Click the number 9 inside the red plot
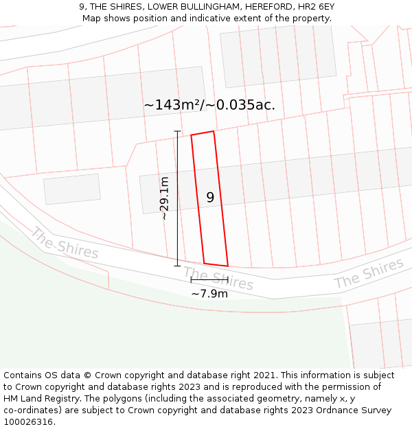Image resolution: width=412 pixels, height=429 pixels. point(210,198)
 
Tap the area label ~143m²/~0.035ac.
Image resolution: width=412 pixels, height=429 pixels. point(209,105)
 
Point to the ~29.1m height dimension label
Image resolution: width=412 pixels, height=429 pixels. point(164,198)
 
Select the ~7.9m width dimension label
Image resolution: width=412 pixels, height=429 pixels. point(209,294)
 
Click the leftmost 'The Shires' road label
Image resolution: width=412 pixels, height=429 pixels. point(65,244)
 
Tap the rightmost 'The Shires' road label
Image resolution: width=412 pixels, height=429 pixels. point(369,273)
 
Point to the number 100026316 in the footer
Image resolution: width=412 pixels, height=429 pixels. point(27,421)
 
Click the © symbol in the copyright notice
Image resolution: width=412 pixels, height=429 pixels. point(87,375)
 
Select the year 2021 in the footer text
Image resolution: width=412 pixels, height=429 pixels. point(264,375)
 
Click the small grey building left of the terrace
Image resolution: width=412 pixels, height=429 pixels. point(72,189)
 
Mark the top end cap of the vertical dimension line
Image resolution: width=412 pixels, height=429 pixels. point(177,130)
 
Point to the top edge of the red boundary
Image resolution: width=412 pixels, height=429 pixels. point(203,132)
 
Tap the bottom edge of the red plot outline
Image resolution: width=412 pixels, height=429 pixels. point(216,264)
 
